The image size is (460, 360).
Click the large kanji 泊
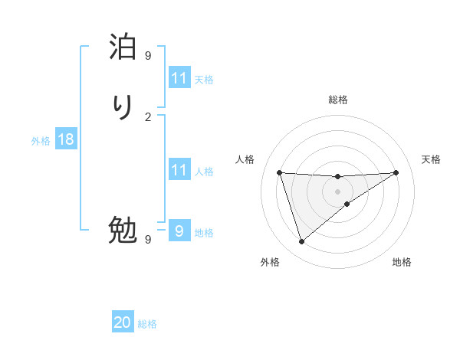(x=123, y=47)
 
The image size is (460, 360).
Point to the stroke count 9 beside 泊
(x=148, y=55)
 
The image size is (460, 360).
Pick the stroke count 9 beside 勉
(x=148, y=239)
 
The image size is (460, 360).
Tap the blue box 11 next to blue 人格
(x=179, y=169)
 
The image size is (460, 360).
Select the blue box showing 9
(x=179, y=231)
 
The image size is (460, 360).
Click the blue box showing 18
(x=66, y=139)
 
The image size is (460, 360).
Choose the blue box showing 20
(x=123, y=322)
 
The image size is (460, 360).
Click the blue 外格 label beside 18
(x=41, y=141)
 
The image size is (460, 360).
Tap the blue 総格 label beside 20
(x=147, y=324)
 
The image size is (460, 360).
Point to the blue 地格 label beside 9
(x=204, y=233)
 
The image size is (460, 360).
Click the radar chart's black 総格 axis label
(x=337, y=100)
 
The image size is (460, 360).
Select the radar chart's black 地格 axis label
(x=402, y=262)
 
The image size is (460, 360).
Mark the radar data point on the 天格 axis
(x=396, y=172)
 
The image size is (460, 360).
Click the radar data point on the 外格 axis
(x=301, y=242)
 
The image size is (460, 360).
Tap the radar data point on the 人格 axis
(x=279, y=172)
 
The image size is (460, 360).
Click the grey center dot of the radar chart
(x=337, y=191)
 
